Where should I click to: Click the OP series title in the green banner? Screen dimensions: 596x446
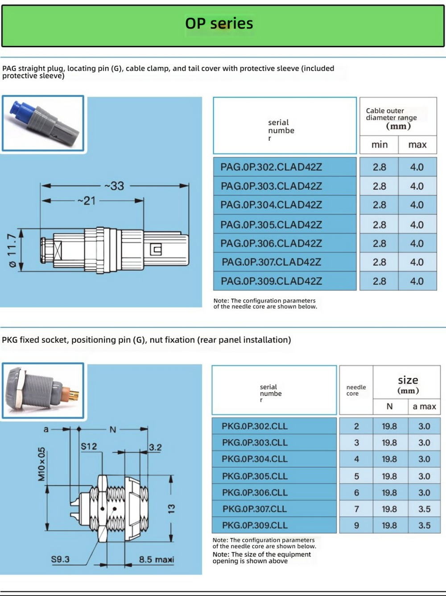[x=219, y=23]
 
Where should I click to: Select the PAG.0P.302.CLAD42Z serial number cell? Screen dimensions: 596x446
[x=271, y=167]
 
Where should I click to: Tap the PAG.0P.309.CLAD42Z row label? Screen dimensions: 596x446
[x=271, y=281]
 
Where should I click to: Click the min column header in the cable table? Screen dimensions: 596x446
[x=380, y=145]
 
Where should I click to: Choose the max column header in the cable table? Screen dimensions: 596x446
[x=417, y=145]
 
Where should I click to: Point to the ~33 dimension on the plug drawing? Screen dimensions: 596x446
[x=114, y=186]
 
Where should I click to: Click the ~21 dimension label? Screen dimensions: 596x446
[x=87, y=201]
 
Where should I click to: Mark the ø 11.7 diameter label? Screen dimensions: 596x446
[x=12, y=250]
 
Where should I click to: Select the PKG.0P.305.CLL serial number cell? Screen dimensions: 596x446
[x=255, y=476]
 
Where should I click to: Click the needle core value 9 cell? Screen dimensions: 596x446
[x=356, y=526]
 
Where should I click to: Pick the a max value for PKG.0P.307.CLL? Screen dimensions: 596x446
[x=424, y=509]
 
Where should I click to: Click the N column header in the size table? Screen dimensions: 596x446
[x=389, y=406]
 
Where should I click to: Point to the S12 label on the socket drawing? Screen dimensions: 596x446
[x=89, y=446]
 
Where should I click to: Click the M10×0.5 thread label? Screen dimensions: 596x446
[x=41, y=464]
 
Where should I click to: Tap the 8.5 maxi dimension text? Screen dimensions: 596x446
[x=156, y=559]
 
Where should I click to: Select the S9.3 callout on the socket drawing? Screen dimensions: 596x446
[x=60, y=559]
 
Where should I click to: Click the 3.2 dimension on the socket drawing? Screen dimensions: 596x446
[x=155, y=447]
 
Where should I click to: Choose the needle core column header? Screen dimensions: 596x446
[x=356, y=390]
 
